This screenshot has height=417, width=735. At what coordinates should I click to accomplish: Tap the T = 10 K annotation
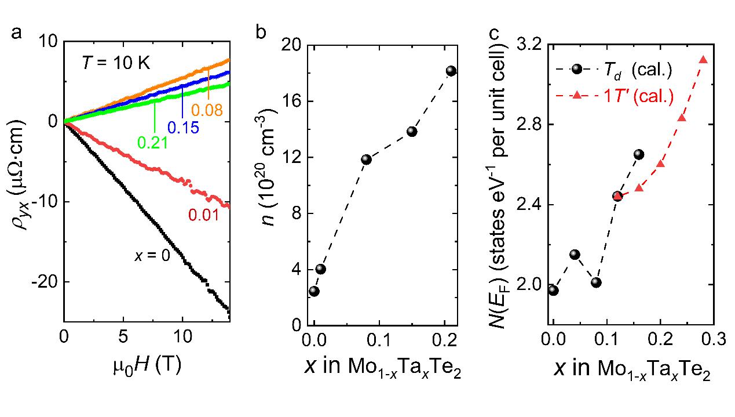[115, 63]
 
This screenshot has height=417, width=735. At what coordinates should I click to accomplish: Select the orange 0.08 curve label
[206, 110]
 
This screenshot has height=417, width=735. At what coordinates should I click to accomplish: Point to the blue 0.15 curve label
[182, 127]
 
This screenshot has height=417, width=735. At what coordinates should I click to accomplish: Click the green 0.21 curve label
[152, 142]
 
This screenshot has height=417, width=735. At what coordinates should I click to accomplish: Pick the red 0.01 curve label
[203, 216]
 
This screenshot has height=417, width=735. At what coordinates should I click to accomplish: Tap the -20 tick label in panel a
[45, 282]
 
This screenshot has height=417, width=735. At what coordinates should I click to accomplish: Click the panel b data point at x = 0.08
[366, 159]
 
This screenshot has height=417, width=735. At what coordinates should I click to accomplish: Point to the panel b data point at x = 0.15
[412, 131]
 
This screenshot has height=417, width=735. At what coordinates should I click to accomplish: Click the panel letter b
[261, 34]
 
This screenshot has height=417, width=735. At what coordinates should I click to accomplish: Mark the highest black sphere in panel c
[639, 154]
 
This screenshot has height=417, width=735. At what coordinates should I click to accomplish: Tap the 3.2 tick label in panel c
[528, 45]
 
